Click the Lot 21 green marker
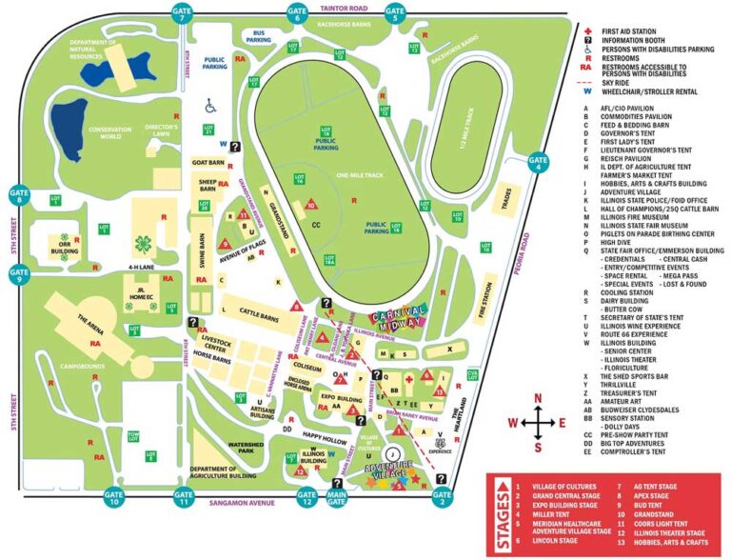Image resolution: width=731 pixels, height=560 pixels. coord(208,129)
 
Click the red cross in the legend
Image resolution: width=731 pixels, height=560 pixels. coord(587,30)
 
